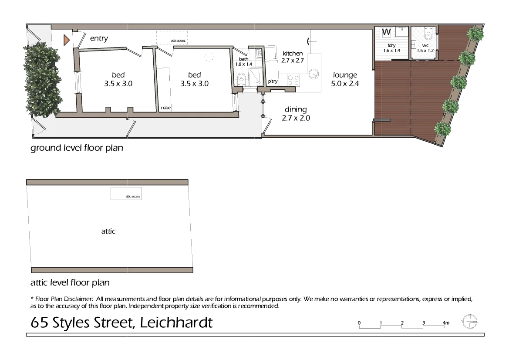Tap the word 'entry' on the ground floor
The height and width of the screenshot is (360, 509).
[x=99, y=39]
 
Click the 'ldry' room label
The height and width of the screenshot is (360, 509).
[x=392, y=45]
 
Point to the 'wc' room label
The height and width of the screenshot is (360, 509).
[x=425, y=45]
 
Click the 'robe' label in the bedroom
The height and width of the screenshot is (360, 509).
[x=165, y=108]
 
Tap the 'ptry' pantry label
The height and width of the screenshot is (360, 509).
[x=273, y=82]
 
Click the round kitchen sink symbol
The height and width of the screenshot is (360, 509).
[x=313, y=74]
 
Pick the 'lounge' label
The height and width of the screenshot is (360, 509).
[x=345, y=75]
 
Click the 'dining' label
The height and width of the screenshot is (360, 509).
[x=296, y=110]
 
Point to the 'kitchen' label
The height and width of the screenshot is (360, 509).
[x=293, y=54]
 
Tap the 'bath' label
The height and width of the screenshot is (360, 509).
[x=243, y=59]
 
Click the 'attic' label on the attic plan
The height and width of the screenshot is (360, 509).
[x=108, y=231]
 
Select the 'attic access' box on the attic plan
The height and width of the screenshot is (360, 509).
[x=126, y=194]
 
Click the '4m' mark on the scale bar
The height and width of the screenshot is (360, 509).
[x=445, y=323]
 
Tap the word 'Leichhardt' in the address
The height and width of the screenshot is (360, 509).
[x=177, y=323]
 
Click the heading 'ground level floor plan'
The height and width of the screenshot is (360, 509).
[x=77, y=148]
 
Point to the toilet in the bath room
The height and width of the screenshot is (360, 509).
[x=242, y=80]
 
